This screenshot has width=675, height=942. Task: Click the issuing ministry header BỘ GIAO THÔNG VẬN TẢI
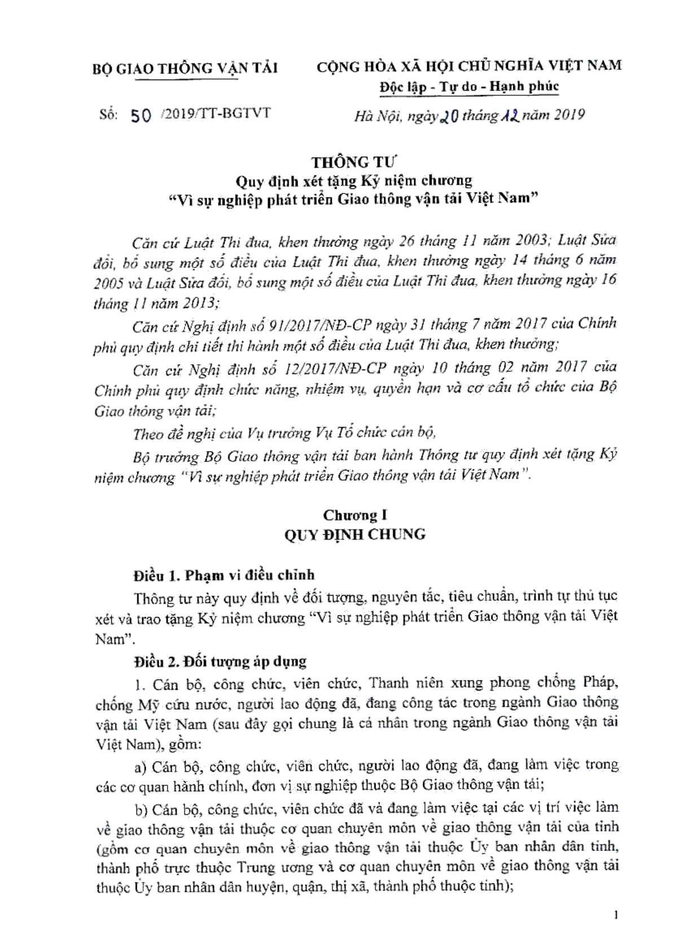pyautogui.click(x=185, y=69)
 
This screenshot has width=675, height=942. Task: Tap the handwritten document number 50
pyautogui.click(x=141, y=116)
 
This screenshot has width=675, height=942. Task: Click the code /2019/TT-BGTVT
pyautogui.click(x=216, y=113)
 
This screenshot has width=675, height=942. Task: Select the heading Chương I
pyautogui.click(x=355, y=515)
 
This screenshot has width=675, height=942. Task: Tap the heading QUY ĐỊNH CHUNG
pyautogui.click(x=354, y=535)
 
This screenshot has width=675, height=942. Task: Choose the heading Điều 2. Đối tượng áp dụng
pyautogui.click(x=220, y=661)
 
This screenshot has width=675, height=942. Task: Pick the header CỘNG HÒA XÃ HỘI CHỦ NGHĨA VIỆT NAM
pyautogui.click(x=469, y=66)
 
